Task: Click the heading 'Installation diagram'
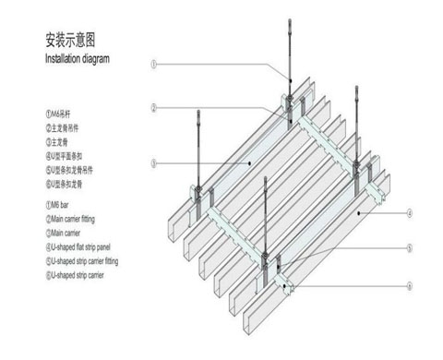78,58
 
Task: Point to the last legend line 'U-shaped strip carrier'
82,275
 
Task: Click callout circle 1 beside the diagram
155,64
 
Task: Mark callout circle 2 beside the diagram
155,107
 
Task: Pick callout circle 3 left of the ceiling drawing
155,163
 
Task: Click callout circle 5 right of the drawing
408,249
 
